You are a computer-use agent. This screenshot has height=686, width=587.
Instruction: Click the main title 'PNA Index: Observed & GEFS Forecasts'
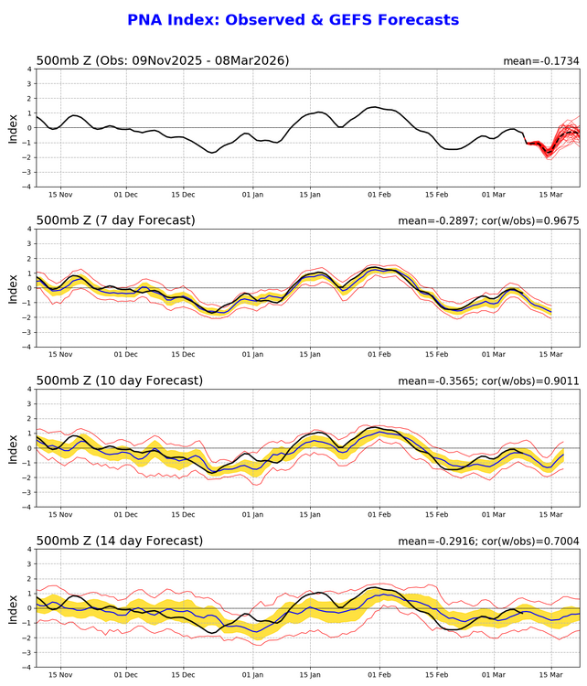coord(293,19)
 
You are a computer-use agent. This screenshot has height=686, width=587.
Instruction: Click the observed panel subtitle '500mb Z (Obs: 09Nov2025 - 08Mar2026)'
coord(163,60)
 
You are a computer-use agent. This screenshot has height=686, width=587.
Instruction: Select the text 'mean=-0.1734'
coord(541,61)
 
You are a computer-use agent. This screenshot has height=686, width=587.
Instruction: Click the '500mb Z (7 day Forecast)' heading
coord(115,220)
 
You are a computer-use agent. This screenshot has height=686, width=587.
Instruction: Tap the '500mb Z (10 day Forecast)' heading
coord(119,381)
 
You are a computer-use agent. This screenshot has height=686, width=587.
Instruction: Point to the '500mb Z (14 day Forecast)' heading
coord(119,541)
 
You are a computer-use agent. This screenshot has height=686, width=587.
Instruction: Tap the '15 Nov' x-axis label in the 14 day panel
coord(60,675)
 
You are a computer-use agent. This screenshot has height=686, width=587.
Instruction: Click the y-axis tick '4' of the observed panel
coord(29,70)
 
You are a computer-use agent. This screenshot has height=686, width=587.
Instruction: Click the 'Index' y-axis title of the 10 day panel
coord(12,448)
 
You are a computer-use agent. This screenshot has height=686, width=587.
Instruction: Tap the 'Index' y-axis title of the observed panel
coord(12,128)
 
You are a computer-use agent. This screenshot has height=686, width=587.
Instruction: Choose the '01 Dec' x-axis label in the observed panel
coord(126,195)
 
